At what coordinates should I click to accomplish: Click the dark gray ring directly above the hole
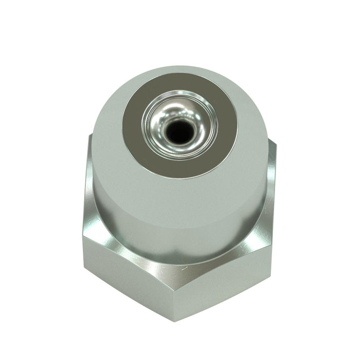point(179,88)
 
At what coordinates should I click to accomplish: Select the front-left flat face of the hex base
point(129,288)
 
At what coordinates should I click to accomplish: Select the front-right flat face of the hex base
point(226,288)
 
